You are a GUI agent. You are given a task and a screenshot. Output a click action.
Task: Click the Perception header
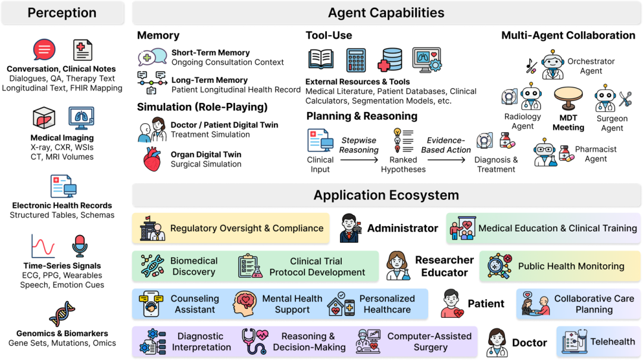(x=62, y=13)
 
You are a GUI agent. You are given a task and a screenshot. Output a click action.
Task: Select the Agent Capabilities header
(x=386, y=13)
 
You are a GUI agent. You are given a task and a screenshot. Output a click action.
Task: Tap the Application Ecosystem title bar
(x=386, y=195)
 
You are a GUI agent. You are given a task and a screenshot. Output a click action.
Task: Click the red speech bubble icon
(x=44, y=51)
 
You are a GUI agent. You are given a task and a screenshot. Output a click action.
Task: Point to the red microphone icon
(x=79, y=246)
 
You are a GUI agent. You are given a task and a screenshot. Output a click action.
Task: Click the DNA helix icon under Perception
(x=62, y=315)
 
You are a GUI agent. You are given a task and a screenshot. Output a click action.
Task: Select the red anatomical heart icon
(x=152, y=159)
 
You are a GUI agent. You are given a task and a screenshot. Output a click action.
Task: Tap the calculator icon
(x=356, y=60)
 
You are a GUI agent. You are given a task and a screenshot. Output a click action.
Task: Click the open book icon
(x=321, y=60)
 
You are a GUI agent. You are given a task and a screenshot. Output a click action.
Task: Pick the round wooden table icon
(x=568, y=97)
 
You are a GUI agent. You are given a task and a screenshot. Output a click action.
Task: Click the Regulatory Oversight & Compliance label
(x=246, y=228)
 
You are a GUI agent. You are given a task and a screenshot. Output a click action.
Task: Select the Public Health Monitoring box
(x=560, y=266)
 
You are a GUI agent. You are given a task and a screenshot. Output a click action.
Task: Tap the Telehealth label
(x=613, y=342)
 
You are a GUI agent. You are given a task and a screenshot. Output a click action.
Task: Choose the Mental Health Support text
(x=292, y=304)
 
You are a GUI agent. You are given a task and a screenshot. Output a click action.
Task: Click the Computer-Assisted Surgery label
(x=429, y=342)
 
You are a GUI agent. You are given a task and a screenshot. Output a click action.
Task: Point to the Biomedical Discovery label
(x=194, y=266)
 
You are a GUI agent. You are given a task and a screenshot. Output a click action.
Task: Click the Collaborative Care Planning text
(x=594, y=304)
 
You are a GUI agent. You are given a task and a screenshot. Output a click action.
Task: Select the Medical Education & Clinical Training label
(x=557, y=228)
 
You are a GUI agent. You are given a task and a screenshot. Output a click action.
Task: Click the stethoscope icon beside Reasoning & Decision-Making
(x=254, y=342)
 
